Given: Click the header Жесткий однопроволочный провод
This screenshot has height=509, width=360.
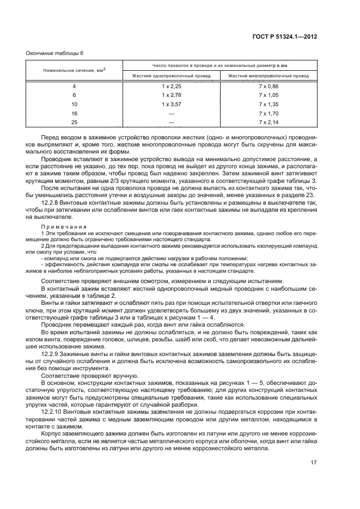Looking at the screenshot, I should (171, 76).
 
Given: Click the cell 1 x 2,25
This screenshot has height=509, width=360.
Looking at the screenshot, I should (171, 87).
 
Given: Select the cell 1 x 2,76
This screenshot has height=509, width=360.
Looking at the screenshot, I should (171, 95).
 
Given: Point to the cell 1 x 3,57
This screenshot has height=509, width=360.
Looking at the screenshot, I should (171, 103).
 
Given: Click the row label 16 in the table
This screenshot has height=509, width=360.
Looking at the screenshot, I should (75, 113).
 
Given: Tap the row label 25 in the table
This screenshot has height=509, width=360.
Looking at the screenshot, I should (75, 122).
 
